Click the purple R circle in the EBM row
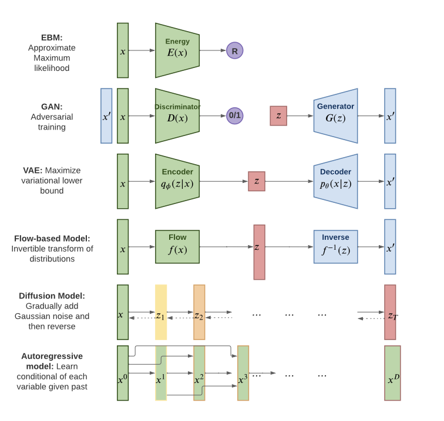[235, 51]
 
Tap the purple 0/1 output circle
[235, 116]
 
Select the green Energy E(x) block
[177, 50]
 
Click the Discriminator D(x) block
[177, 116]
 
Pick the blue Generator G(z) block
[335, 116]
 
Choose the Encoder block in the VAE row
[177, 181]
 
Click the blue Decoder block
[335, 181]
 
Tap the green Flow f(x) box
[177, 247]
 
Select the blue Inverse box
[335, 247]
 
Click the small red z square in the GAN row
[278, 116]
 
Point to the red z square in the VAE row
[257, 181]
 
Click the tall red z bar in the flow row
[259, 252]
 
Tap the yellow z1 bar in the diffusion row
[161, 312]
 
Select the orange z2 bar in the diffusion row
[199, 312]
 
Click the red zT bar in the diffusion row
[392, 312]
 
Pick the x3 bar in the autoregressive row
[243, 373]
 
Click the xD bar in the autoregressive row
[392, 373]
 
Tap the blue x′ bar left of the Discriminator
[106, 116]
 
